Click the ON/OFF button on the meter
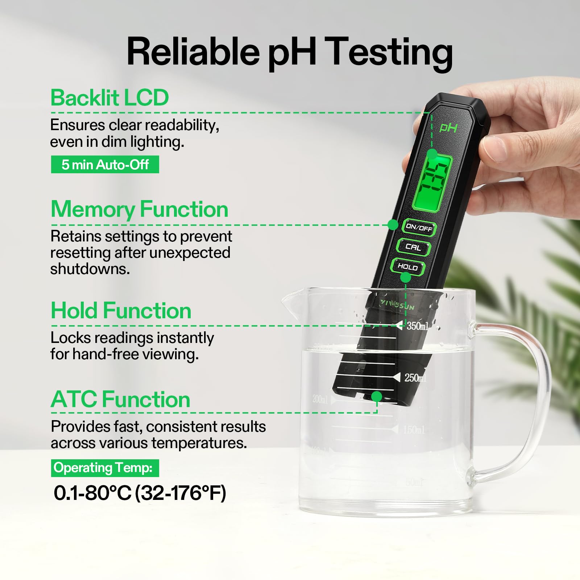click(x=419, y=228)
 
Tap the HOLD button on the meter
click(x=407, y=267)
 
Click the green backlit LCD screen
click(x=432, y=182)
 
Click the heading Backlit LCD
click(x=109, y=98)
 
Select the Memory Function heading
click(x=140, y=210)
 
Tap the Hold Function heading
click(x=121, y=311)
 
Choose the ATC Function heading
click(x=120, y=399)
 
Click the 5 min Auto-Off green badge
click(x=105, y=165)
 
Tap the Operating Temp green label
click(x=105, y=468)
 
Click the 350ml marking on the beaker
click(x=417, y=326)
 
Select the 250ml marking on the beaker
click(x=415, y=378)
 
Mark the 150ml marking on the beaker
click(x=414, y=430)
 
